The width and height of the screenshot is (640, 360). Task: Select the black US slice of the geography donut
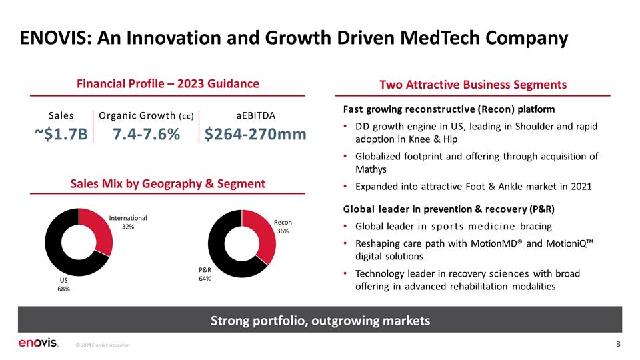[57, 253]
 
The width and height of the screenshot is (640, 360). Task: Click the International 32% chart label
[128, 223]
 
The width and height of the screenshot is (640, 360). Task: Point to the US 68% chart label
[64, 285]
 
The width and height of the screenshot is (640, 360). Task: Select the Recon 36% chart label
[283, 227]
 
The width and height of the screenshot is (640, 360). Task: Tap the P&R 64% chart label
[205, 274]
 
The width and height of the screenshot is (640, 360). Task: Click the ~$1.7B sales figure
[61, 134]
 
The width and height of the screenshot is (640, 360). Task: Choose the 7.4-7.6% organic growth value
[146, 134]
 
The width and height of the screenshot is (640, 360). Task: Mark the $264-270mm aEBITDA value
[255, 134]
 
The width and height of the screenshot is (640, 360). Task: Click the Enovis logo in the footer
[38, 343]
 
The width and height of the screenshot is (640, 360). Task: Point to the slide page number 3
[619, 344]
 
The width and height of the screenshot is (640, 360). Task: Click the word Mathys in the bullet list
[371, 169]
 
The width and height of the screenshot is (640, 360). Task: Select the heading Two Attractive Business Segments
[473, 85]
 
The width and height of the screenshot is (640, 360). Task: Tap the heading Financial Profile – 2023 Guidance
[168, 84]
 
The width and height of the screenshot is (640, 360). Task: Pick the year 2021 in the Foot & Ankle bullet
[581, 187]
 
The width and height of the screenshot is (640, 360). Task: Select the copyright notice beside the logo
[103, 345]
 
